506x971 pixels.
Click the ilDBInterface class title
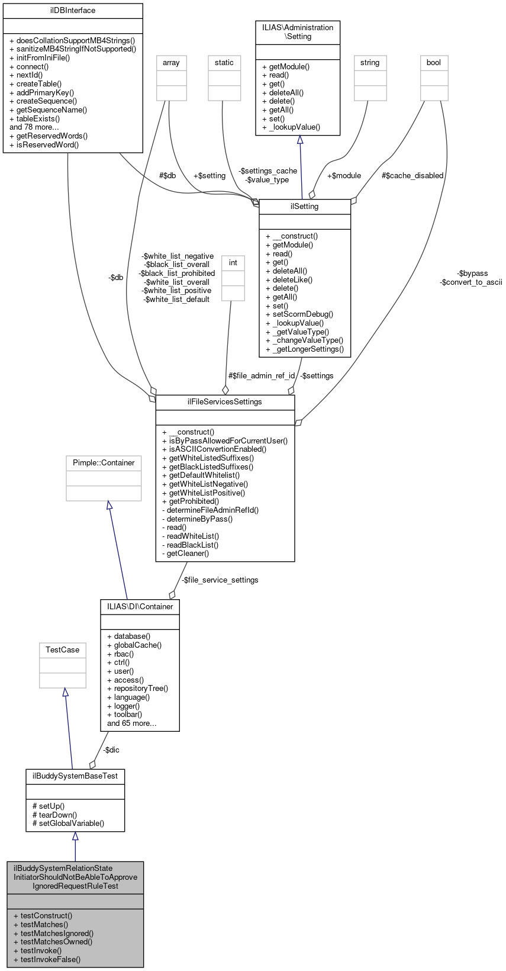(73, 11)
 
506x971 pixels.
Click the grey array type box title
(171, 63)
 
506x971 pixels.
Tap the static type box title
(224, 63)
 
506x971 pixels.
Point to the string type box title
(370, 63)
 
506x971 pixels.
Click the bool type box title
(434, 63)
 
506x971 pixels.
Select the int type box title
(233, 263)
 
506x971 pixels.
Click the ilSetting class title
(305, 207)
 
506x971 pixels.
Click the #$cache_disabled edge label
(412, 175)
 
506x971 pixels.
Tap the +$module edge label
(344, 175)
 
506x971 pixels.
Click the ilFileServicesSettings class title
(225, 402)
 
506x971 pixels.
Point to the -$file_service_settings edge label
(220, 580)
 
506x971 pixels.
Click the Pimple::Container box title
(104, 463)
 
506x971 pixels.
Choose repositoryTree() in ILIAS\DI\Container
(141, 689)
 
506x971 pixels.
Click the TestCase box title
(63, 650)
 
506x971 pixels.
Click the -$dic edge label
(111, 750)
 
